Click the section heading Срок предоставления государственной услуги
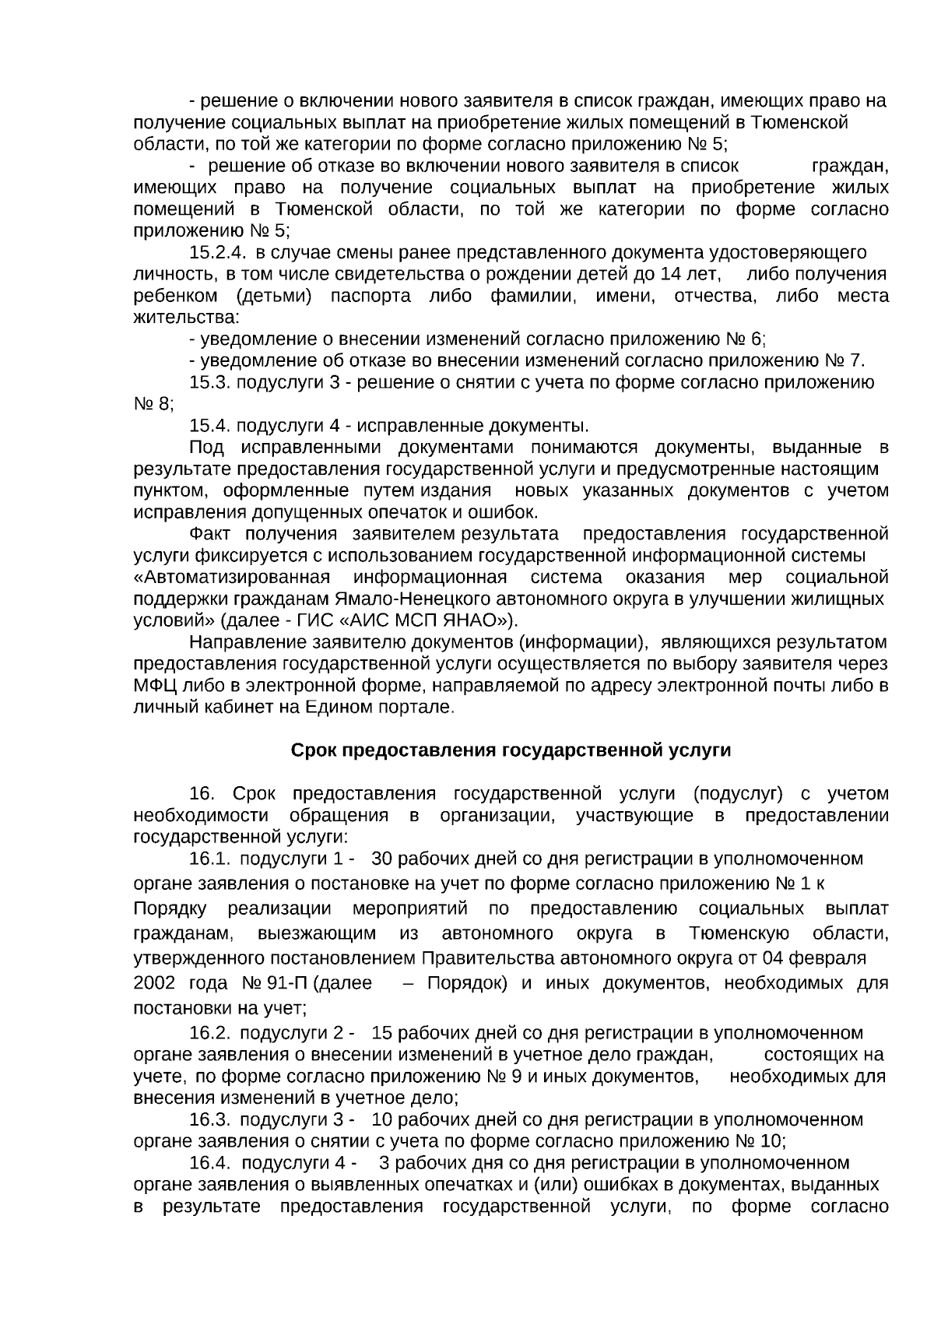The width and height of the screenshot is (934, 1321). pyautogui.click(x=511, y=750)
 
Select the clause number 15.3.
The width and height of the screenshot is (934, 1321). pyautogui.click(x=209, y=383)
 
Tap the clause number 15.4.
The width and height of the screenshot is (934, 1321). pyautogui.click(x=209, y=426)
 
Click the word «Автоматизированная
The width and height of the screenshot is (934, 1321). pyautogui.click(x=232, y=578)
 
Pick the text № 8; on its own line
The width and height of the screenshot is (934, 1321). pyautogui.click(x=153, y=405)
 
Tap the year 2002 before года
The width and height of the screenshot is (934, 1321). pyautogui.click(x=154, y=983)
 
